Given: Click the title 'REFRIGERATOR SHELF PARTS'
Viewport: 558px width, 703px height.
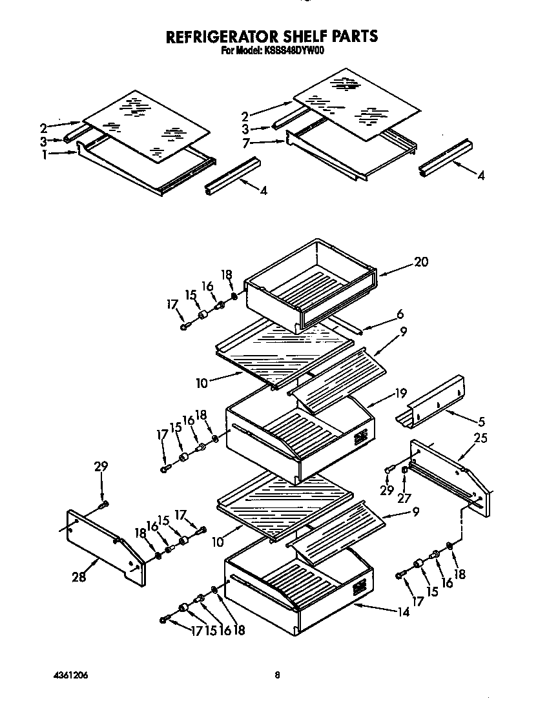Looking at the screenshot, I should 272,36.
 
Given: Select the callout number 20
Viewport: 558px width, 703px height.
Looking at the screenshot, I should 420,262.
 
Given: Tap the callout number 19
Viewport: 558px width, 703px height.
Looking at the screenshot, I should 400,392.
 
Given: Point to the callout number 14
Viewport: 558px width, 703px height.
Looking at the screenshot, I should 403,613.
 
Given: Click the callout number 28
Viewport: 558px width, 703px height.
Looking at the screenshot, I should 78,576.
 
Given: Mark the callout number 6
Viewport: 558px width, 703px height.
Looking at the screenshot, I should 400,314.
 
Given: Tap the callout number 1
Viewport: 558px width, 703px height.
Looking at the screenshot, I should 45,154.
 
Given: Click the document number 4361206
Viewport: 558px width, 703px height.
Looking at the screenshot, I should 71,675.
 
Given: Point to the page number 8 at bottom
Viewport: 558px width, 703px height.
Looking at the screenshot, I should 277,675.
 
